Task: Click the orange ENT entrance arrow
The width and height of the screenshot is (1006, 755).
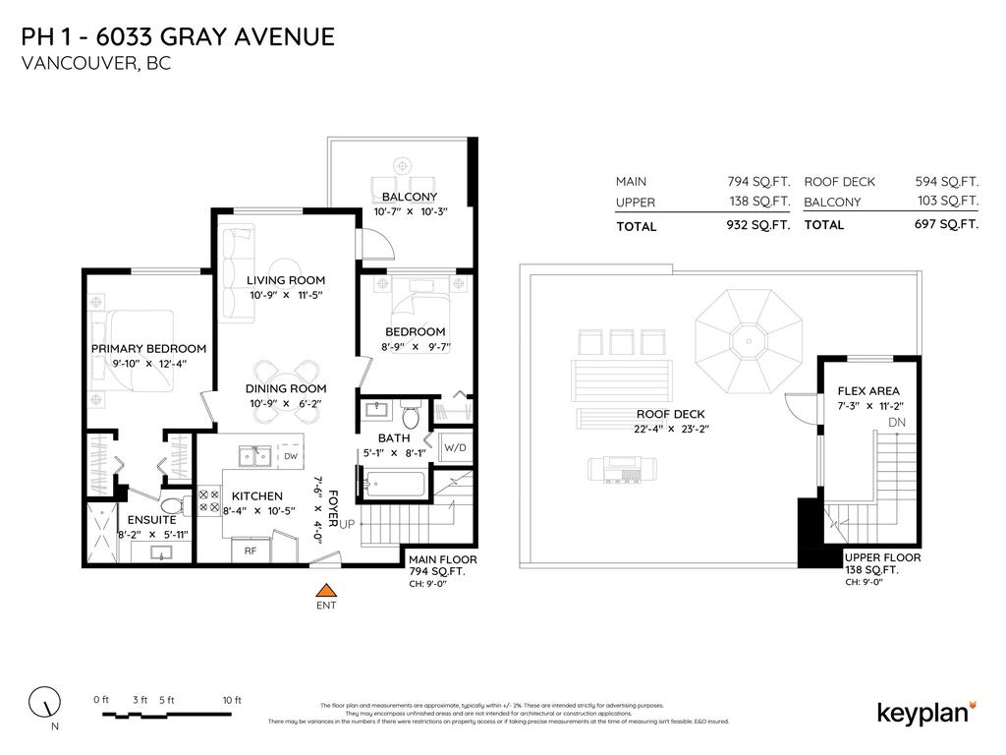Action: [325, 590]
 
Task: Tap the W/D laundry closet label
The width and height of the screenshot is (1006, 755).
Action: [455, 448]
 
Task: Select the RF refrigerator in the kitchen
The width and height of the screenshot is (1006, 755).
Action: [251, 552]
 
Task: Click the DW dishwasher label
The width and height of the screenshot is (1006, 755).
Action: [291, 456]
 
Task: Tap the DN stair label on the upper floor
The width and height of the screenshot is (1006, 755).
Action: [896, 422]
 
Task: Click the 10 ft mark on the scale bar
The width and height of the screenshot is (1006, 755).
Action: [231, 700]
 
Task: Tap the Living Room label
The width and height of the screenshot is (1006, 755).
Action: [285, 280]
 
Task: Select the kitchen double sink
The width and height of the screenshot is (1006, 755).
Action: [256, 456]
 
